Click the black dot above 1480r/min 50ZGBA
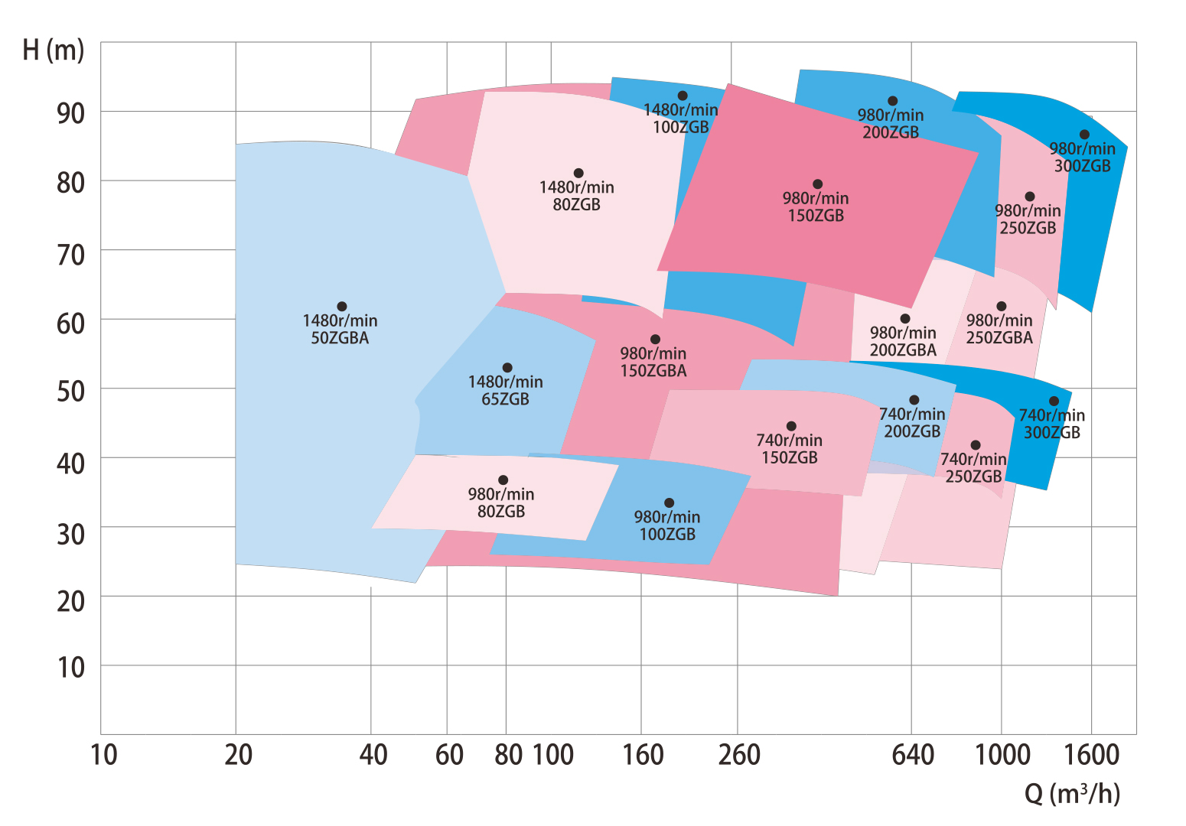tap(342, 307)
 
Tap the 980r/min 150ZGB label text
tap(816, 207)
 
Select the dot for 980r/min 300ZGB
tap(1084, 135)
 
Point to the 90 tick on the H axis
tap(70, 113)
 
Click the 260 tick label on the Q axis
tap(739, 756)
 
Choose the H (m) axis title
tap(53, 50)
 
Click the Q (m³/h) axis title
tap(1072, 795)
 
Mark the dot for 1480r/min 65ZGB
tap(507, 368)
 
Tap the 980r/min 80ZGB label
tap(501, 503)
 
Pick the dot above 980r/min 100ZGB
tap(670, 503)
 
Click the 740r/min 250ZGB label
tap(973, 468)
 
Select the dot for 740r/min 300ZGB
tap(1054, 401)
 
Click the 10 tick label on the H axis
tap(70, 668)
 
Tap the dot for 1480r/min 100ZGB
tap(683, 96)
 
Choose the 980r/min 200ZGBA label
tap(903, 342)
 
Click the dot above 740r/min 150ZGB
tap(791, 426)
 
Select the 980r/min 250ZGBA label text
tap(999, 329)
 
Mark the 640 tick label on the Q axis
tap(913, 756)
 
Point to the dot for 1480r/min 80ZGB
tap(578, 174)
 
